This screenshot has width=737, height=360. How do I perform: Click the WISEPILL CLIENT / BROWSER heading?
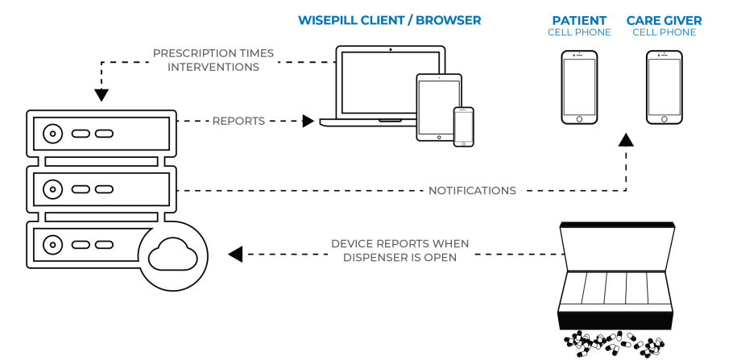(x=390, y=21)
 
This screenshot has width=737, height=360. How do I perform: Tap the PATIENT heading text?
(x=579, y=21)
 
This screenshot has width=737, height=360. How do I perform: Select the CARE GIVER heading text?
(x=665, y=21)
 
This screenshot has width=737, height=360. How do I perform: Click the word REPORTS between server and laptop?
(x=238, y=122)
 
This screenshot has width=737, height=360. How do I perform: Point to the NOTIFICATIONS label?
(x=472, y=191)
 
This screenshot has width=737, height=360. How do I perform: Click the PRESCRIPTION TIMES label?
(x=213, y=53)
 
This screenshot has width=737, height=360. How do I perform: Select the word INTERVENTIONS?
(x=213, y=67)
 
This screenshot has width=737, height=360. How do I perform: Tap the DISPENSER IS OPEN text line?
(x=400, y=258)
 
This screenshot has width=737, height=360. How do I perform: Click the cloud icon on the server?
(x=172, y=254)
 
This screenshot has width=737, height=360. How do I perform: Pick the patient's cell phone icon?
(x=579, y=88)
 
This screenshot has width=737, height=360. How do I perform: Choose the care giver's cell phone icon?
(x=665, y=88)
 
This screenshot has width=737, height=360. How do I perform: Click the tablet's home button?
(x=439, y=137)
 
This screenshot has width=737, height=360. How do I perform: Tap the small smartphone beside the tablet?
(x=463, y=127)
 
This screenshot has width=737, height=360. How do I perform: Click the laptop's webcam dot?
(x=391, y=49)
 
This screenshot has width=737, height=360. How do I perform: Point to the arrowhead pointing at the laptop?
(x=308, y=122)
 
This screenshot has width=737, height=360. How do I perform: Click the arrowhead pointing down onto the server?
(x=101, y=95)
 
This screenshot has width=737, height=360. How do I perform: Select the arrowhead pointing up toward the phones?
(x=626, y=139)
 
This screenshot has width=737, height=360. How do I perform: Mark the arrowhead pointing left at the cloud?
(x=235, y=254)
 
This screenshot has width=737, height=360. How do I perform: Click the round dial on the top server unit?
(x=52, y=134)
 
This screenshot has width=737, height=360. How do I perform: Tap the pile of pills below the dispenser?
(x=615, y=344)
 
